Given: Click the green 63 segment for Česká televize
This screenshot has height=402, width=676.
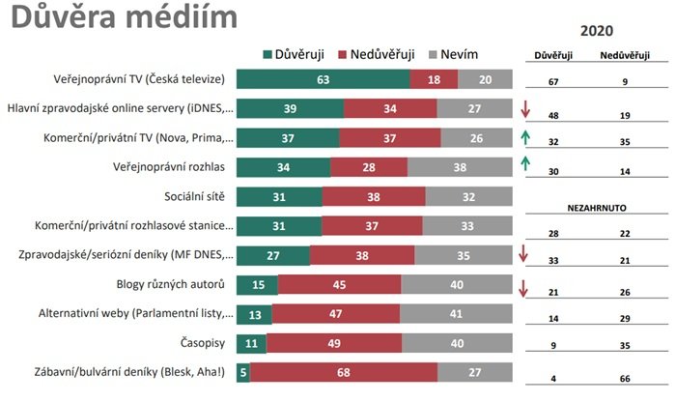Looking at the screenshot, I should point(323,79).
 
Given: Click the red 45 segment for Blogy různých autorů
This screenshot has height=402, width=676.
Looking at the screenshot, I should point(340,285).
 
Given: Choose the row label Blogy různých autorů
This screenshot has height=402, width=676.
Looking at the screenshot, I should point(169,285).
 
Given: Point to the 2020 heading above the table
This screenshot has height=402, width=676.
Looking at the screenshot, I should point(597,31).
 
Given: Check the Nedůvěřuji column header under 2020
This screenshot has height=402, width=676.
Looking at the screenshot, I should point(631,56).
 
